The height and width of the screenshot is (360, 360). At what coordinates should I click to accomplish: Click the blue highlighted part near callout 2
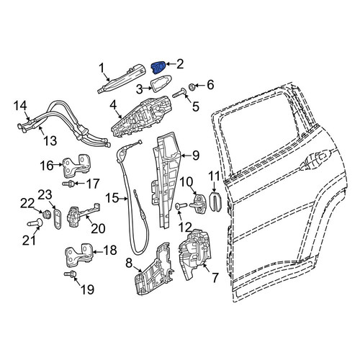[158, 66]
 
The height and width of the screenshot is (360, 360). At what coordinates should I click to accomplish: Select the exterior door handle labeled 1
[122, 78]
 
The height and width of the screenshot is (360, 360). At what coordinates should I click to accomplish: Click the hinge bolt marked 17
[68, 184]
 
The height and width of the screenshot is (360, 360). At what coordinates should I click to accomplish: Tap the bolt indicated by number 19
[71, 273]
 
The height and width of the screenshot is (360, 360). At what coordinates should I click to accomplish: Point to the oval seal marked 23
[58, 218]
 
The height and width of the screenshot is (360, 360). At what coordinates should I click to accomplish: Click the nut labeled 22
[46, 214]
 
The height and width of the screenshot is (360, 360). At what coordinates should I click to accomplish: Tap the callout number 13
[50, 140]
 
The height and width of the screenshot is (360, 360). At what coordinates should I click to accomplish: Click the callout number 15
[112, 199]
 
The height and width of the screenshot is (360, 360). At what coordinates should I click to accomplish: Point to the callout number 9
[196, 156]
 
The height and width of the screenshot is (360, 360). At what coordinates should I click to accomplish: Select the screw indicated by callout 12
[181, 206]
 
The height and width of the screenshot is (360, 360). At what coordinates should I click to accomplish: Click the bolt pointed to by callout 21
[35, 222]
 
